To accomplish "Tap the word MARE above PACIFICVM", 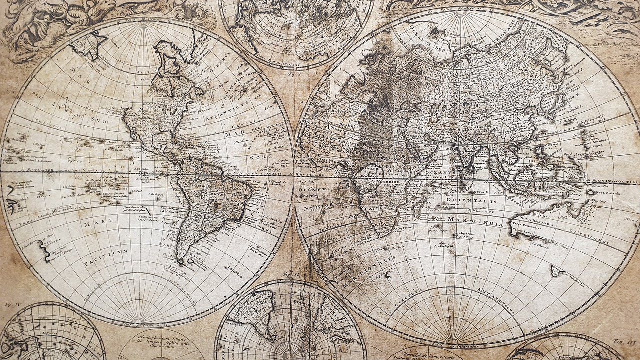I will [91, 225].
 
